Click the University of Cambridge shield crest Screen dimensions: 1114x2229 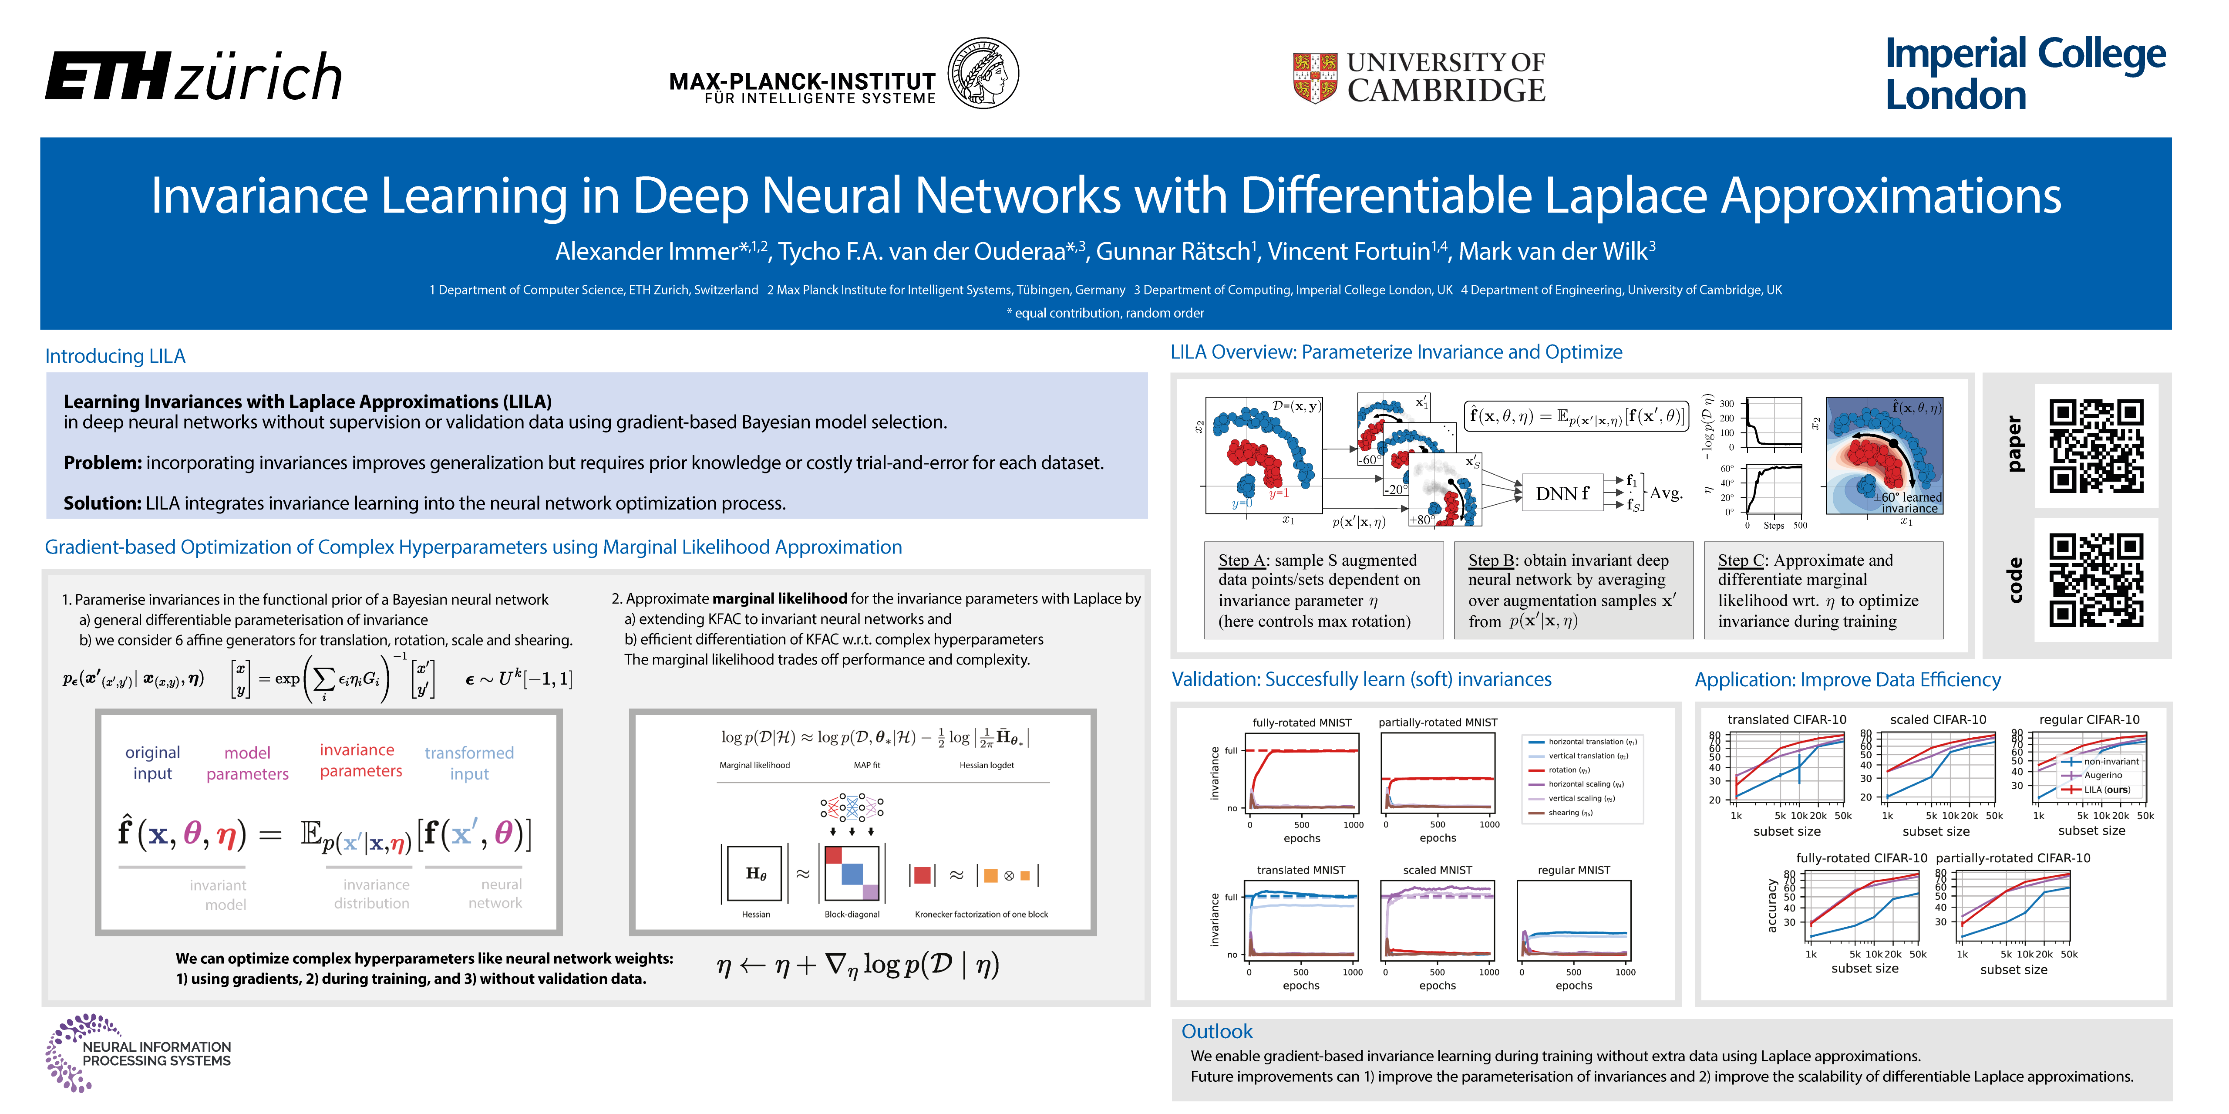(x=1314, y=78)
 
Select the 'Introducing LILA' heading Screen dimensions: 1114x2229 (x=115, y=356)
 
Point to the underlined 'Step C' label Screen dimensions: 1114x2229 (x=1740, y=560)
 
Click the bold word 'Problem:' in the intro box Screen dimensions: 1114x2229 (x=102, y=463)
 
